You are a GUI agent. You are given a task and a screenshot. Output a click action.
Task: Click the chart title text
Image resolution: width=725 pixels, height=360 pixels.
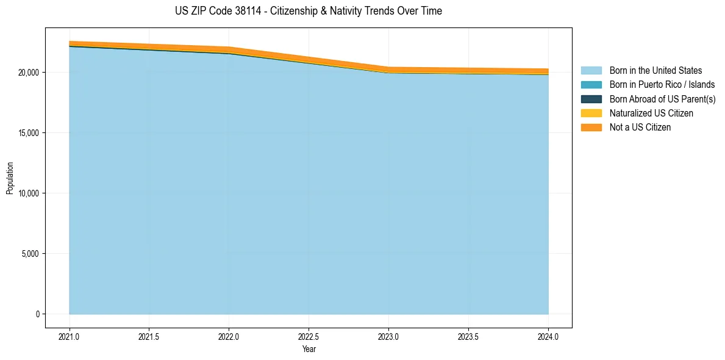(x=308, y=11)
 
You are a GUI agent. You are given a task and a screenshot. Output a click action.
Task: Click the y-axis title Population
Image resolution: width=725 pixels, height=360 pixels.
(x=10, y=178)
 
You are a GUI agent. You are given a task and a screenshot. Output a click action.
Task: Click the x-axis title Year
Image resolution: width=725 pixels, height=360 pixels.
(x=309, y=350)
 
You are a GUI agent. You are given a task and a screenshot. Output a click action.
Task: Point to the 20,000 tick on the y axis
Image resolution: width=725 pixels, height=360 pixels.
(x=29, y=73)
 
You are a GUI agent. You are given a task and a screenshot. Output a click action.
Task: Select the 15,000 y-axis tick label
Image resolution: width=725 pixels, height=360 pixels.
(x=29, y=133)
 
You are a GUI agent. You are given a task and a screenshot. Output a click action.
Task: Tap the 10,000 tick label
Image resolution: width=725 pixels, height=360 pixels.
(x=29, y=193)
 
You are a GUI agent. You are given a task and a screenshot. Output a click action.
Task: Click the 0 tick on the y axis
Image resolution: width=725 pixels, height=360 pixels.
(x=37, y=314)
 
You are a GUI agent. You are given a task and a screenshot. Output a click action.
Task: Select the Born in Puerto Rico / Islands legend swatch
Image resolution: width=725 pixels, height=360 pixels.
(x=591, y=85)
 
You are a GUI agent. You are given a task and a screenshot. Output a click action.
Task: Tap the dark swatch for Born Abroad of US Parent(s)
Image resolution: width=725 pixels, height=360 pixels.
(x=591, y=99)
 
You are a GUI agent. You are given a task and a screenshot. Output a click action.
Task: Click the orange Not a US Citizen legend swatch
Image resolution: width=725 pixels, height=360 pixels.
(x=591, y=128)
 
